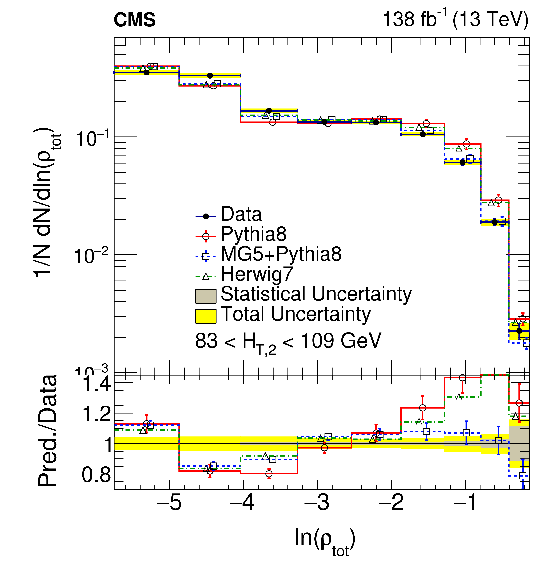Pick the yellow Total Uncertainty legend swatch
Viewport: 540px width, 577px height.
(x=205, y=316)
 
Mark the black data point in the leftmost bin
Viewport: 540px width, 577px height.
(x=147, y=73)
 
